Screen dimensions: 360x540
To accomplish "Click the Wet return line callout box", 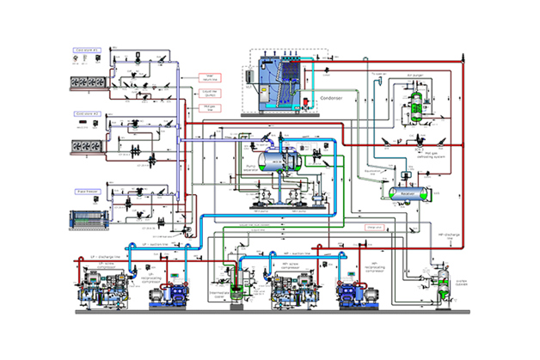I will point(209,76).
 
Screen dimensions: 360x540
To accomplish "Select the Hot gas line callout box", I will point(209,107).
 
